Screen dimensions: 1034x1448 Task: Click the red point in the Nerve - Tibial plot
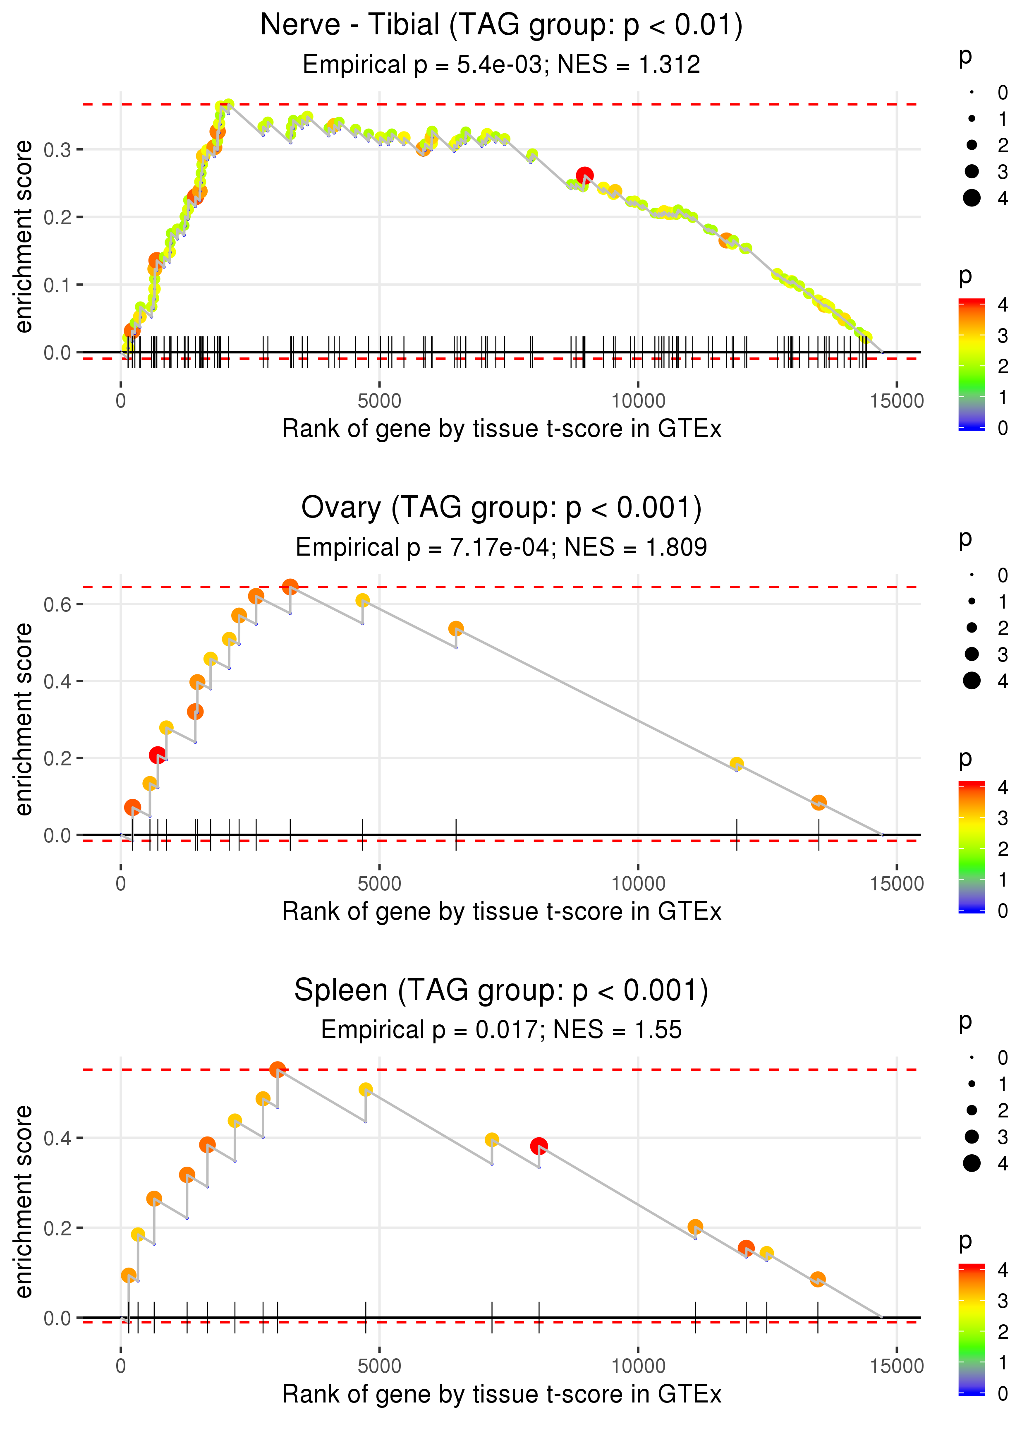click(x=584, y=175)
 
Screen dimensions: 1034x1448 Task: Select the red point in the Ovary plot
click(x=157, y=755)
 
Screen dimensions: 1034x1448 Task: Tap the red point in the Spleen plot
click(x=539, y=1146)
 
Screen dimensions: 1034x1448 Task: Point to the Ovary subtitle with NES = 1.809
click(x=502, y=547)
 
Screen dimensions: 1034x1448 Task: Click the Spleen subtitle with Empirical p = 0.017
click(x=502, y=1030)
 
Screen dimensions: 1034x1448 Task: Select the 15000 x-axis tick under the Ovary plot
click(x=896, y=884)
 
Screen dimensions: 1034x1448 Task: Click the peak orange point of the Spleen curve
click(x=277, y=1069)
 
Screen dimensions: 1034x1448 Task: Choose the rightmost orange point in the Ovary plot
click(x=819, y=802)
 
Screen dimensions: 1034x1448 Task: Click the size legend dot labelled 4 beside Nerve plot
click(x=972, y=198)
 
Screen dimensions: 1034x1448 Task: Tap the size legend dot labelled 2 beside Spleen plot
click(x=972, y=1110)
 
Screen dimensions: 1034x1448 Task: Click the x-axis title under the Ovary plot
click(x=502, y=912)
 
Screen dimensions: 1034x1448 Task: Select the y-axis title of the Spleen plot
click(x=24, y=1201)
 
